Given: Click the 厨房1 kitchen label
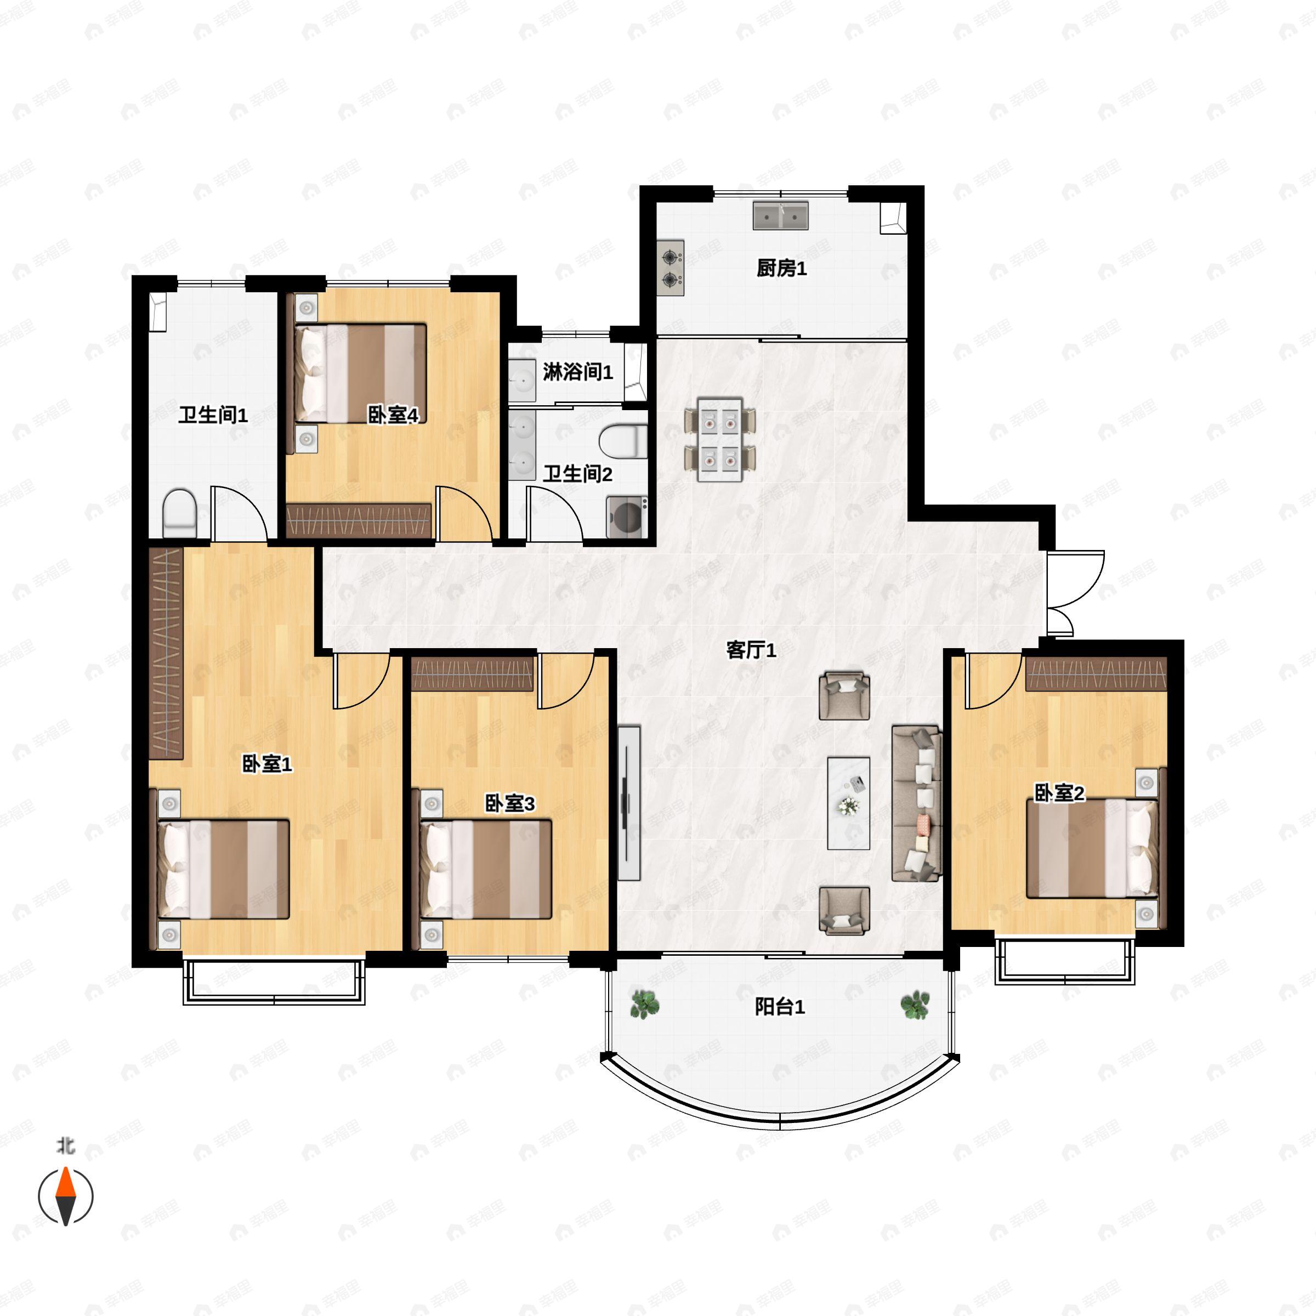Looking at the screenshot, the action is click(x=781, y=268).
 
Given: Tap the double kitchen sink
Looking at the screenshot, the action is click(x=781, y=215).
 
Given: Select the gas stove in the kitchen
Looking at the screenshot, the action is click(x=671, y=268).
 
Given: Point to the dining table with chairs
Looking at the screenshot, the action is click(x=720, y=439).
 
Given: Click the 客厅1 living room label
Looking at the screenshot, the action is click(x=751, y=650).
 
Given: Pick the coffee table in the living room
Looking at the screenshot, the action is click(x=848, y=803).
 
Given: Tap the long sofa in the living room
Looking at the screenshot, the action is click(x=917, y=804).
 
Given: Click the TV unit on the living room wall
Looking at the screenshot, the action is click(x=629, y=803).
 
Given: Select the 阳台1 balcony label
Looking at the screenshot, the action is click(x=780, y=1006).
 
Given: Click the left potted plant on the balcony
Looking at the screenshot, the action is click(x=644, y=1005).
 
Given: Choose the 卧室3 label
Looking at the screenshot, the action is click(x=509, y=804).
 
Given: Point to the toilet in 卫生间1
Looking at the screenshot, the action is click(x=180, y=512).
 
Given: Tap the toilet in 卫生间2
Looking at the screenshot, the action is click(x=622, y=441).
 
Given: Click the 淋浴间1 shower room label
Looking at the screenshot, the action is click(x=577, y=372).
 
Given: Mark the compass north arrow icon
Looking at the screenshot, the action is click(x=65, y=1195).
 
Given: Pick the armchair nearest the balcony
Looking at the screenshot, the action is click(x=844, y=910).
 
